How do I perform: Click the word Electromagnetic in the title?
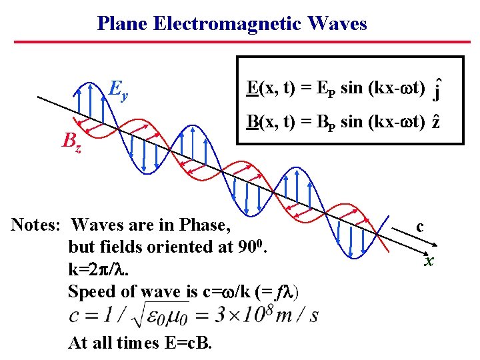227,24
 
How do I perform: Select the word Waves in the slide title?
337,24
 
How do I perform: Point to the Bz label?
72,141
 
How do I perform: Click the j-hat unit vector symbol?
436,91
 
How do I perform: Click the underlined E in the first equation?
252,87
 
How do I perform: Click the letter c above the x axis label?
419,226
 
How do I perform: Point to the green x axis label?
429,261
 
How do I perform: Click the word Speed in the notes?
91,291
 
